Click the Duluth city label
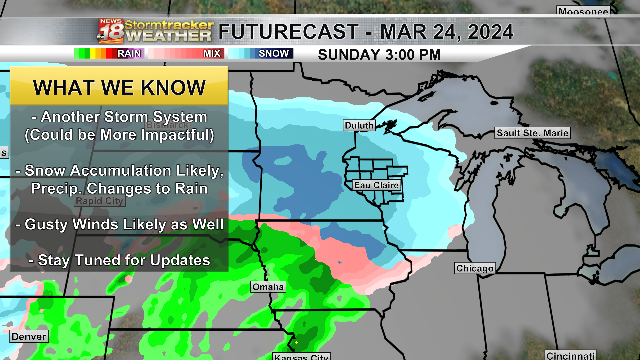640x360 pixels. coord(359,125)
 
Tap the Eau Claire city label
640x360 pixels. coord(376,185)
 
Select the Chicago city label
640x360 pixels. coord(475,268)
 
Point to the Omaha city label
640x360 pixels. coord(268,287)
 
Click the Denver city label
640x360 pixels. coord(29,336)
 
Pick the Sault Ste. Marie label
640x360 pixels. coord(532,133)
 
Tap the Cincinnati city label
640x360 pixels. coord(570,356)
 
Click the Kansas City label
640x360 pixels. coord(301,357)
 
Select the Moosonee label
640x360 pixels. coord(583,12)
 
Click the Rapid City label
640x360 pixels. coord(100,201)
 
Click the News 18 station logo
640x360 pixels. coord(111,31)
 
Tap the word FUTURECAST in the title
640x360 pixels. coord(288,32)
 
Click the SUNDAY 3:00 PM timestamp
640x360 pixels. coord(379,55)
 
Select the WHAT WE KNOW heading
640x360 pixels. coord(119,88)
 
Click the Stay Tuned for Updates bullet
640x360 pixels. coord(119,260)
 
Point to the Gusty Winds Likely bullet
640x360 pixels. coord(119,224)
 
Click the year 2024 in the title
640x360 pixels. coord(490,32)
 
